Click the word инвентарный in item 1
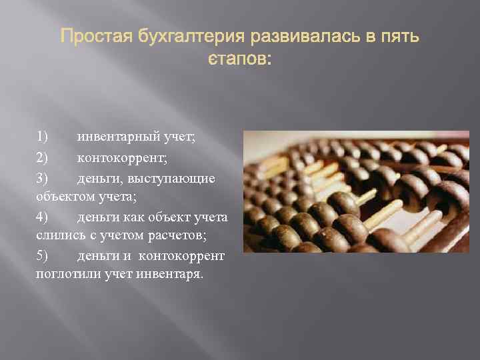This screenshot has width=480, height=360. [116, 138]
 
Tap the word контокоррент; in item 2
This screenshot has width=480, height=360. [122, 158]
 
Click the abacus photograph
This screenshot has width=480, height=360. [356, 191]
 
